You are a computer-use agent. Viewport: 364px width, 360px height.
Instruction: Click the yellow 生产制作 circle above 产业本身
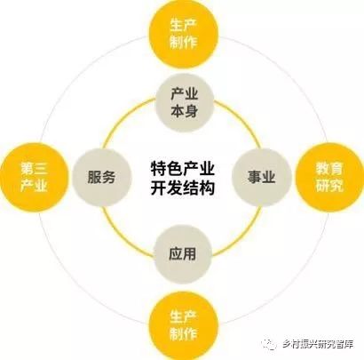[183, 33]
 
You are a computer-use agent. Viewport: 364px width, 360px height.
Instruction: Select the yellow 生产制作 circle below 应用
[183, 325]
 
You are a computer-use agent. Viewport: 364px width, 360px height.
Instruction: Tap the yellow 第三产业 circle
[34, 177]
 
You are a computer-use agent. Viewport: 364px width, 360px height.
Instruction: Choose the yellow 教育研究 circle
[329, 177]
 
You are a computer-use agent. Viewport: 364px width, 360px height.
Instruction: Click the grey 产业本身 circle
[185, 103]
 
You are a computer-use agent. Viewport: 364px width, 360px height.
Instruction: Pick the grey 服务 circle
[101, 177]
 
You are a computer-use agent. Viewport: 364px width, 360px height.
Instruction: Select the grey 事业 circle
[262, 177]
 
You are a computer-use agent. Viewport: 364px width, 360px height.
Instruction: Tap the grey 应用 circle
[183, 254]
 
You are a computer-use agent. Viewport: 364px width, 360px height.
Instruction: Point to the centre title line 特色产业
[183, 169]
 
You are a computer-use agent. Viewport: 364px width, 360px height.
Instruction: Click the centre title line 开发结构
[183, 188]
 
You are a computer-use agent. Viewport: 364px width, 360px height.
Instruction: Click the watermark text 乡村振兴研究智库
[317, 344]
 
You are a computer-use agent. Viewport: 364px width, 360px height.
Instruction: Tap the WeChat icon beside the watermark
[268, 344]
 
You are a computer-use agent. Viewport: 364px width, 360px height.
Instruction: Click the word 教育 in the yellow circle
[329, 169]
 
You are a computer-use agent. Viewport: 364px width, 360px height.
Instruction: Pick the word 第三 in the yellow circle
[34, 169]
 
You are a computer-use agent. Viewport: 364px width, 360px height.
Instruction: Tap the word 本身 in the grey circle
[185, 111]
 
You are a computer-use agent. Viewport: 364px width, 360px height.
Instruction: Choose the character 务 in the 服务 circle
[108, 177]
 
